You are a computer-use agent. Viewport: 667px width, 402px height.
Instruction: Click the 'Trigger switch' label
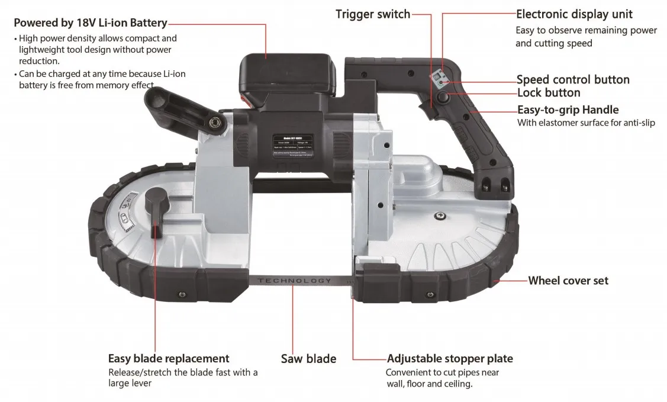coord(372,14)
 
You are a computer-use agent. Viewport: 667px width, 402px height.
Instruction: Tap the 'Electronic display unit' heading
coord(574,14)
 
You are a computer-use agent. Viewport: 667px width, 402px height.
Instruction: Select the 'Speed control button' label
coord(572,79)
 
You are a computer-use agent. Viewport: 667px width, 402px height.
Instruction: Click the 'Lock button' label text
coord(548,93)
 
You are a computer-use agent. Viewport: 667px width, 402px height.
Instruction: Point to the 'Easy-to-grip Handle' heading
coord(568,110)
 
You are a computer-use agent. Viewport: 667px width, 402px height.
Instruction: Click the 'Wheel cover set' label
coord(568,281)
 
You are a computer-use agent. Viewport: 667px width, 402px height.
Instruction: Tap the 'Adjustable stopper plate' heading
coord(449,358)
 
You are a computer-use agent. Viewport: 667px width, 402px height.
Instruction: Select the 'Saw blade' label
coord(308,359)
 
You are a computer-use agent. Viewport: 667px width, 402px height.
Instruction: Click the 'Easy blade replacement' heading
coord(168,358)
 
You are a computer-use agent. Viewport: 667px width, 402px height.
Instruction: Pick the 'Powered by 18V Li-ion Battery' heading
coord(90,23)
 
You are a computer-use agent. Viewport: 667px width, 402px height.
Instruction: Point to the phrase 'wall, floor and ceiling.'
coord(428,384)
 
